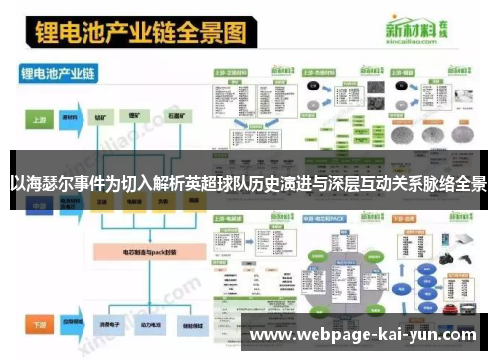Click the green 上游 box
[37, 117]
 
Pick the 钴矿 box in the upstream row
[102, 117]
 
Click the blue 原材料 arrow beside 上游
[71, 117]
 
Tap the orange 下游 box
[37, 325]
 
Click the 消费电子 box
[102, 325]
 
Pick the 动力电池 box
[139, 325]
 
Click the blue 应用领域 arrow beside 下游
[71, 325]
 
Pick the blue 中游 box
[37, 205]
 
